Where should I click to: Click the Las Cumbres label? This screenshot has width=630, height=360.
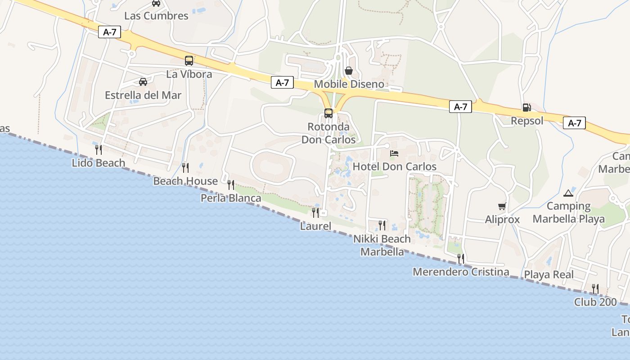156,16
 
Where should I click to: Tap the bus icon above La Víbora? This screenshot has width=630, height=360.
189,60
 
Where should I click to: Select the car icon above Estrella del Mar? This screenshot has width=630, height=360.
143,82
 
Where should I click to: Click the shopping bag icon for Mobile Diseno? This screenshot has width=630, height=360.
348,71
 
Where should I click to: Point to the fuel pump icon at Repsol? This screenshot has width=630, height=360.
526,108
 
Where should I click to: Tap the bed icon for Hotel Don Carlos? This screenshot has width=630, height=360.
394,153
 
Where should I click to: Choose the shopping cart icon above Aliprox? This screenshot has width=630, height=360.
502,207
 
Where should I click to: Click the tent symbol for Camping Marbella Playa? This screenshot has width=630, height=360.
568,193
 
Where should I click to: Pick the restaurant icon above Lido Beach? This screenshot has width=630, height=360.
99,149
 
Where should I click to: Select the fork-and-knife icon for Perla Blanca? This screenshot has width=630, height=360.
231,184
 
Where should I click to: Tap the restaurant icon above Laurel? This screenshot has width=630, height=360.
315,212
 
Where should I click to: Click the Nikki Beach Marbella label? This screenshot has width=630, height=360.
382,245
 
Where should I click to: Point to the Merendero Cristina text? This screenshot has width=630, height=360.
461,272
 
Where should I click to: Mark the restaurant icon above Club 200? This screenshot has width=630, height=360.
595,288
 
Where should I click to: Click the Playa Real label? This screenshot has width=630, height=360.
549,274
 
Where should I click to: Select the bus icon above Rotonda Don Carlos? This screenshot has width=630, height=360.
328,113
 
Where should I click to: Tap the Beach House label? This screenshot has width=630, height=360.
185,181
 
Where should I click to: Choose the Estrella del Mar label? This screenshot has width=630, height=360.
143,95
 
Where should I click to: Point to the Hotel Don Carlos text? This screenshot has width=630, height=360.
394,166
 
